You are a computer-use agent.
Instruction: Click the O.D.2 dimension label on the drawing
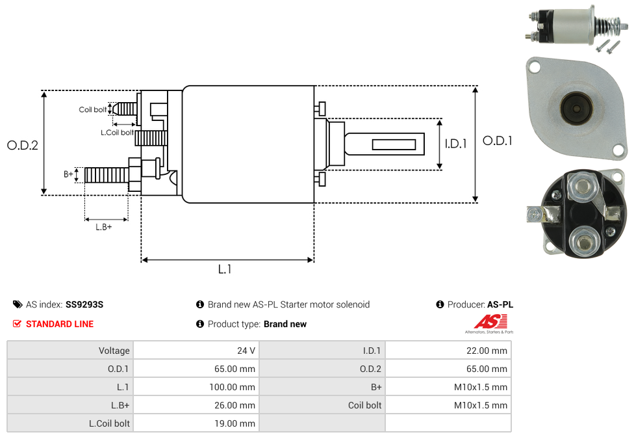click(23, 145)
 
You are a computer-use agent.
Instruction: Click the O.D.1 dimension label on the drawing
click(498, 140)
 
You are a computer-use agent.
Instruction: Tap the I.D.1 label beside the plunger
click(455, 144)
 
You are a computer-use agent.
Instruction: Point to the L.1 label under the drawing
click(224, 269)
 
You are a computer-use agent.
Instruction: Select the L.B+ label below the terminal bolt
click(104, 227)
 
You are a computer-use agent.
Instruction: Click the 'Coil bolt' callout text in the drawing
click(93, 109)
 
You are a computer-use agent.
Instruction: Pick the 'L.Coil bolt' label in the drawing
click(118, 132)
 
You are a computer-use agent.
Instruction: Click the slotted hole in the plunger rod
click(394, 144)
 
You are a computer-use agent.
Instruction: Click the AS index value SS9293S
click(84, 304)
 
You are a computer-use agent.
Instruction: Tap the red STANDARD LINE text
click(59, 324)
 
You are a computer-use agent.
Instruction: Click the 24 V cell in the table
click(246, 351)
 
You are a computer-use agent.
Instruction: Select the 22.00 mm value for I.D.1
click(487, 351)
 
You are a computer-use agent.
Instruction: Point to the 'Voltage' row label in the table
click(114, 351)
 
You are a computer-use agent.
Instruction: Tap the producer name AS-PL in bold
click(500, 304)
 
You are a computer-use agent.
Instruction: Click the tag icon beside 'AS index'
click(18, 304)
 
